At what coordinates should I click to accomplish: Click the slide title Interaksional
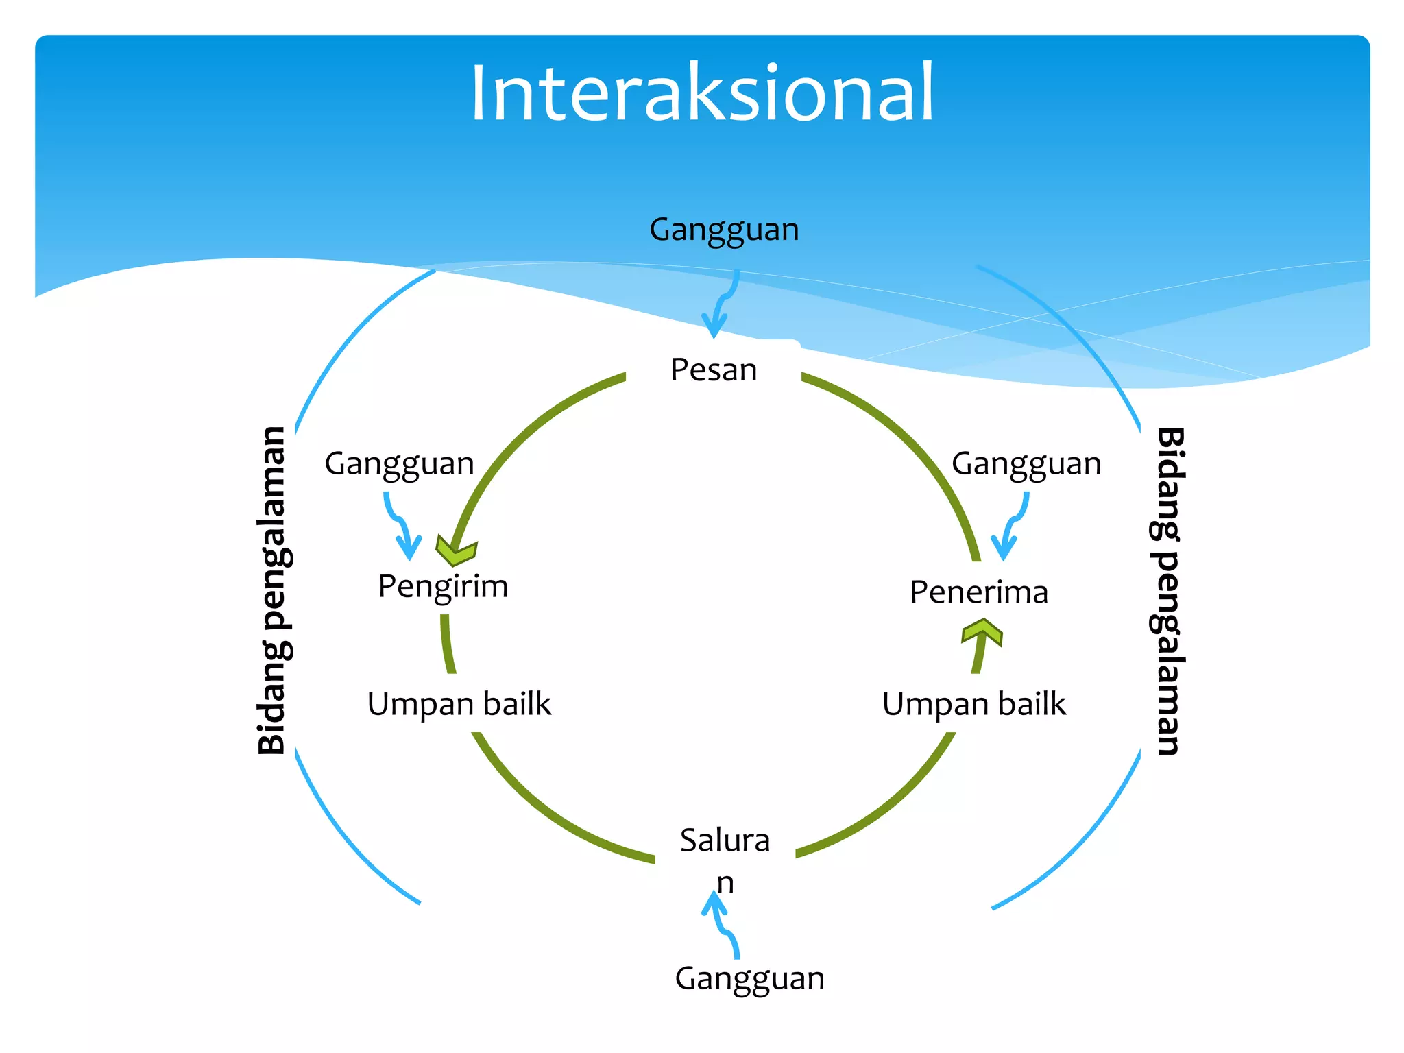(x=702, y=93)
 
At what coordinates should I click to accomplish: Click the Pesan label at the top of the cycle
(x=714, y=370)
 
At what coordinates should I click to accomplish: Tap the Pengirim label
(x=443, y=587)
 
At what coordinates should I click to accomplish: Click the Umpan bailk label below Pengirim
(x=459, y=704)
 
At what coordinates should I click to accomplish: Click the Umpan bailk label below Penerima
(x=973, y=704)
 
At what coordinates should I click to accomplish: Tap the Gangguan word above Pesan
(x=724, y=230)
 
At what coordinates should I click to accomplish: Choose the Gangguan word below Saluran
(x=749, y=978)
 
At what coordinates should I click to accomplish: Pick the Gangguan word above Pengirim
(x=399, y=464)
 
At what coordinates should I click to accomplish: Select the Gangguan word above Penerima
(x=1026, y=464)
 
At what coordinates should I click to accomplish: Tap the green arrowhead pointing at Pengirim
(x=457, y=551)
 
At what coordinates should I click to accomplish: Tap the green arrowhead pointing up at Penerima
(x=982, y=630)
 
